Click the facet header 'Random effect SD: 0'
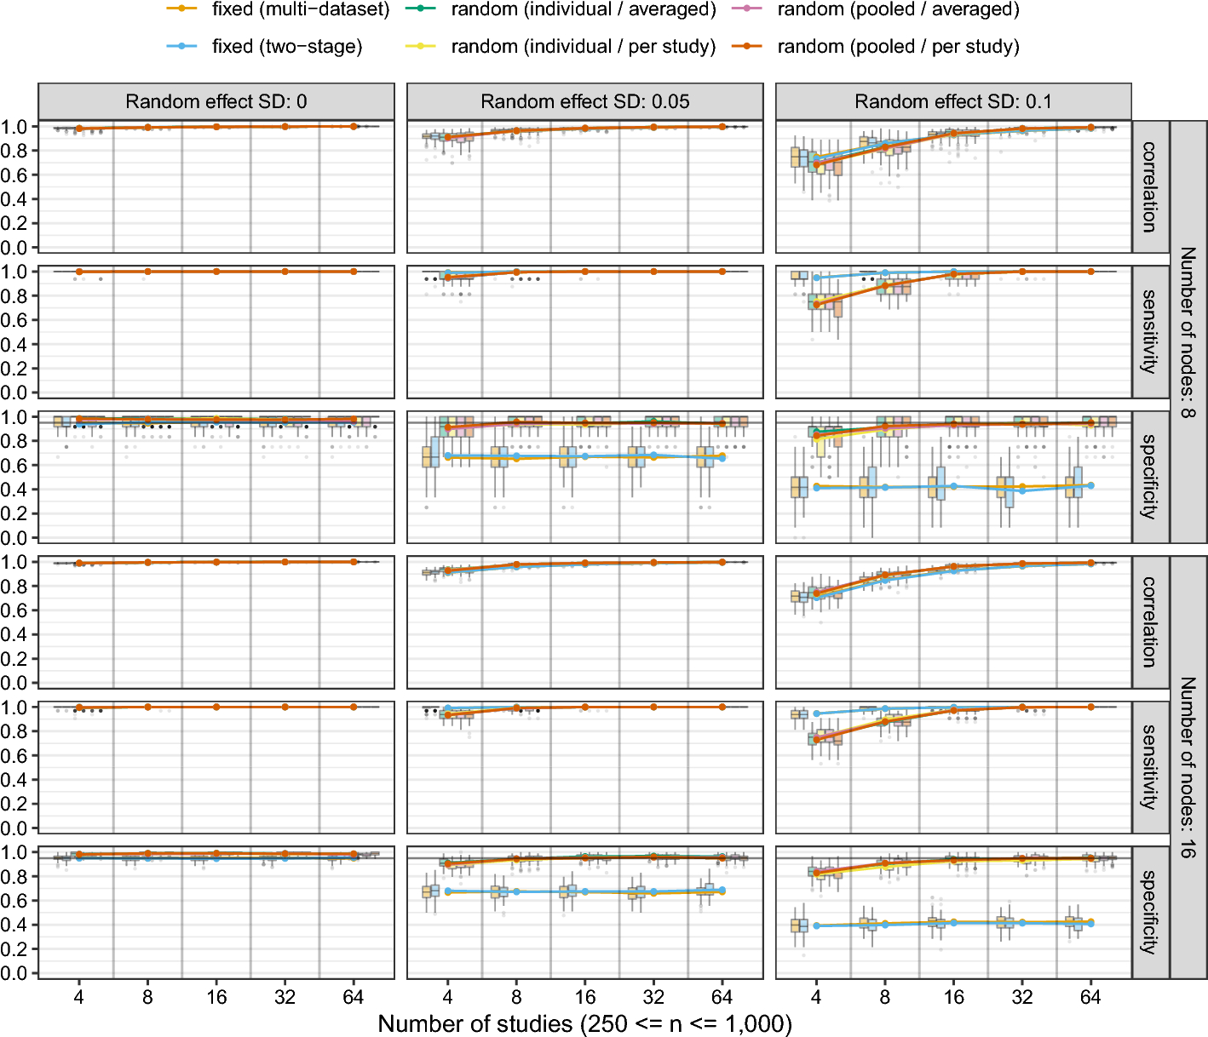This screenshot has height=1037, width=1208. [x=216, y=101]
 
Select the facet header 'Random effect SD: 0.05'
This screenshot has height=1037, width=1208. [x=585, y=101]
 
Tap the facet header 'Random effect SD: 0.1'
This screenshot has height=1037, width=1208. [x=953, y=101]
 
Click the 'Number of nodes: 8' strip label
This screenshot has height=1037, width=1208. [x=1188, y=332]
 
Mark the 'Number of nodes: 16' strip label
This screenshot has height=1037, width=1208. [x=1188, y=768]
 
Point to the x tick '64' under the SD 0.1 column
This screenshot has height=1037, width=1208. [x=1090, y=997]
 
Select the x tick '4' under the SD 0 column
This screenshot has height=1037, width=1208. [x=79, y=997]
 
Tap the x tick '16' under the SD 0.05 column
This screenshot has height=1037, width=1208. [x=585, y=997]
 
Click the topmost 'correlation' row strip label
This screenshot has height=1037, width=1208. [x=1149, y=187]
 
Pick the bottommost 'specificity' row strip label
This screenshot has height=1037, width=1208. [x=1149, y=913]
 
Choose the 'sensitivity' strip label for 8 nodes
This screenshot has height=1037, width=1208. [x=1149, y=332]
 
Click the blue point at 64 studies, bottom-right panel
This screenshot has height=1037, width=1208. [x=1090, y=924]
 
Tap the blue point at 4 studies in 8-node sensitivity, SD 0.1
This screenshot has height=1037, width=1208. [x=816, y=278]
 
